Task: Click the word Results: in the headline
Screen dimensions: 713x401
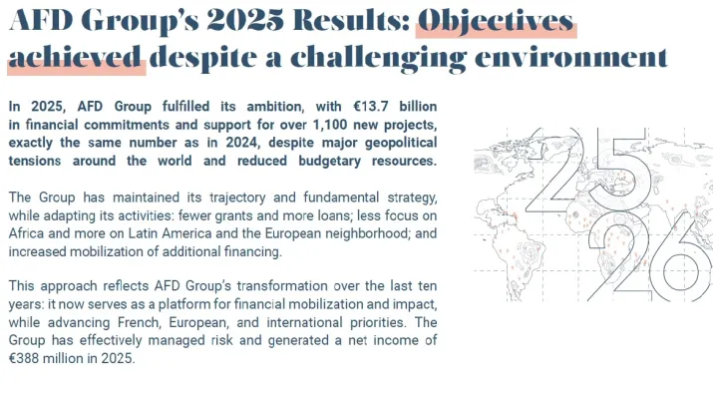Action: [x=352, y=21]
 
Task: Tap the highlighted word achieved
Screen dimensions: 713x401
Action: [x=75, y=58]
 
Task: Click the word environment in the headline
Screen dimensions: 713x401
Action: [x=571, y=58]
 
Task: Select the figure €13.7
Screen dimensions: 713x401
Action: [x=371, y=107]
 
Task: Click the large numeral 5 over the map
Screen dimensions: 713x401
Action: [x=623, y=171]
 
